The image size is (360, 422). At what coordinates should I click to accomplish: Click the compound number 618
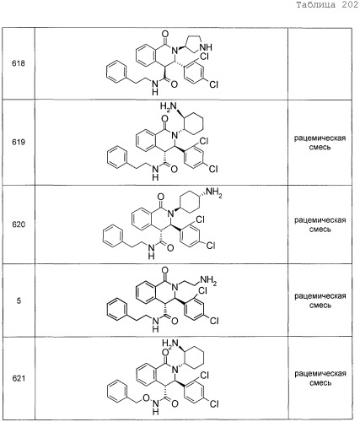[x=19, y=63]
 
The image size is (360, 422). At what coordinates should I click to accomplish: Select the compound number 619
[x=19, y=142]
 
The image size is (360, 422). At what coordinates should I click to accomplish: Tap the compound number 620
[x=19, y=225]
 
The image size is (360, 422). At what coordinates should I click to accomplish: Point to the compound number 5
[x=19, y=300]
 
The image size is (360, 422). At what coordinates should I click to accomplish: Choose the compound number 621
[x=19, y=378]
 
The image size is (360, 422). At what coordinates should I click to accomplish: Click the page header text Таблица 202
[x=327, y=5]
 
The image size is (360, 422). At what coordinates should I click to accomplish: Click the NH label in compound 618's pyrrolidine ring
[x=206, y=47]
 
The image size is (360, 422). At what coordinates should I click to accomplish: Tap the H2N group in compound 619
[x=169, y=107]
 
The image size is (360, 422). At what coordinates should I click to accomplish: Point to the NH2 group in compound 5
[x=208, y=280]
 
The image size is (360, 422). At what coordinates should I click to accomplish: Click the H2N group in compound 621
[x=170, y=344]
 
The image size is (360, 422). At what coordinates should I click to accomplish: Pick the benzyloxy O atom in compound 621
[x=146, y=398]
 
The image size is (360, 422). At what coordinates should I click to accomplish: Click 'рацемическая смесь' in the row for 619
[x=320, y=143]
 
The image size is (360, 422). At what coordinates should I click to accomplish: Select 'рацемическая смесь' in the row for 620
[x=320, y=225]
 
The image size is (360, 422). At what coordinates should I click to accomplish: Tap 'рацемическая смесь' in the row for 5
[x=320, y=300]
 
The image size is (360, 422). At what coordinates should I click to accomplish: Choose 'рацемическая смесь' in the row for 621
[x=320, y=378]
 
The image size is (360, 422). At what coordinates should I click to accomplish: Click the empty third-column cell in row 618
[x=320, y=64]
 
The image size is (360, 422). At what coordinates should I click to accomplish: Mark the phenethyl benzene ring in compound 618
[x=116, y=73]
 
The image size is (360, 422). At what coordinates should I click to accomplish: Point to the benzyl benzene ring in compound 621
[x=118, y=391]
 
